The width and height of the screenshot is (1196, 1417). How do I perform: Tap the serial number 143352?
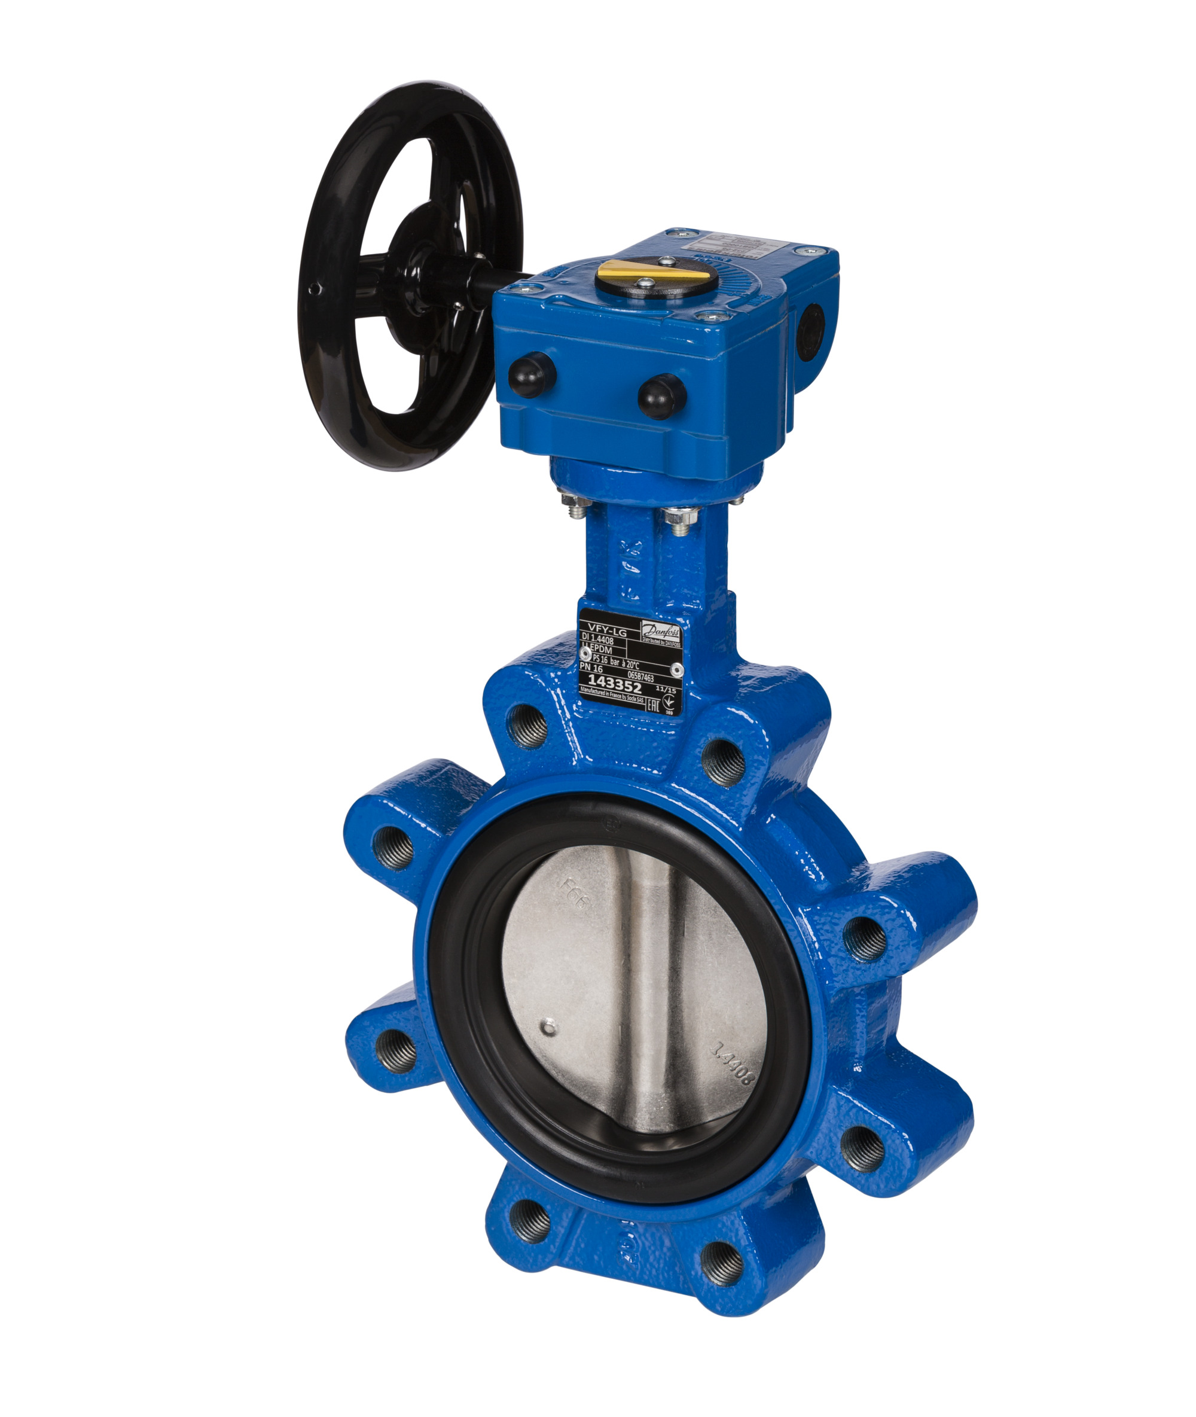(614, 681)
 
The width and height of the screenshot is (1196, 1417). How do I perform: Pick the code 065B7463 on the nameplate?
(640, 676)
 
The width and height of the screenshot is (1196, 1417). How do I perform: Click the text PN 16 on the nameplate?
(591, 668)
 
